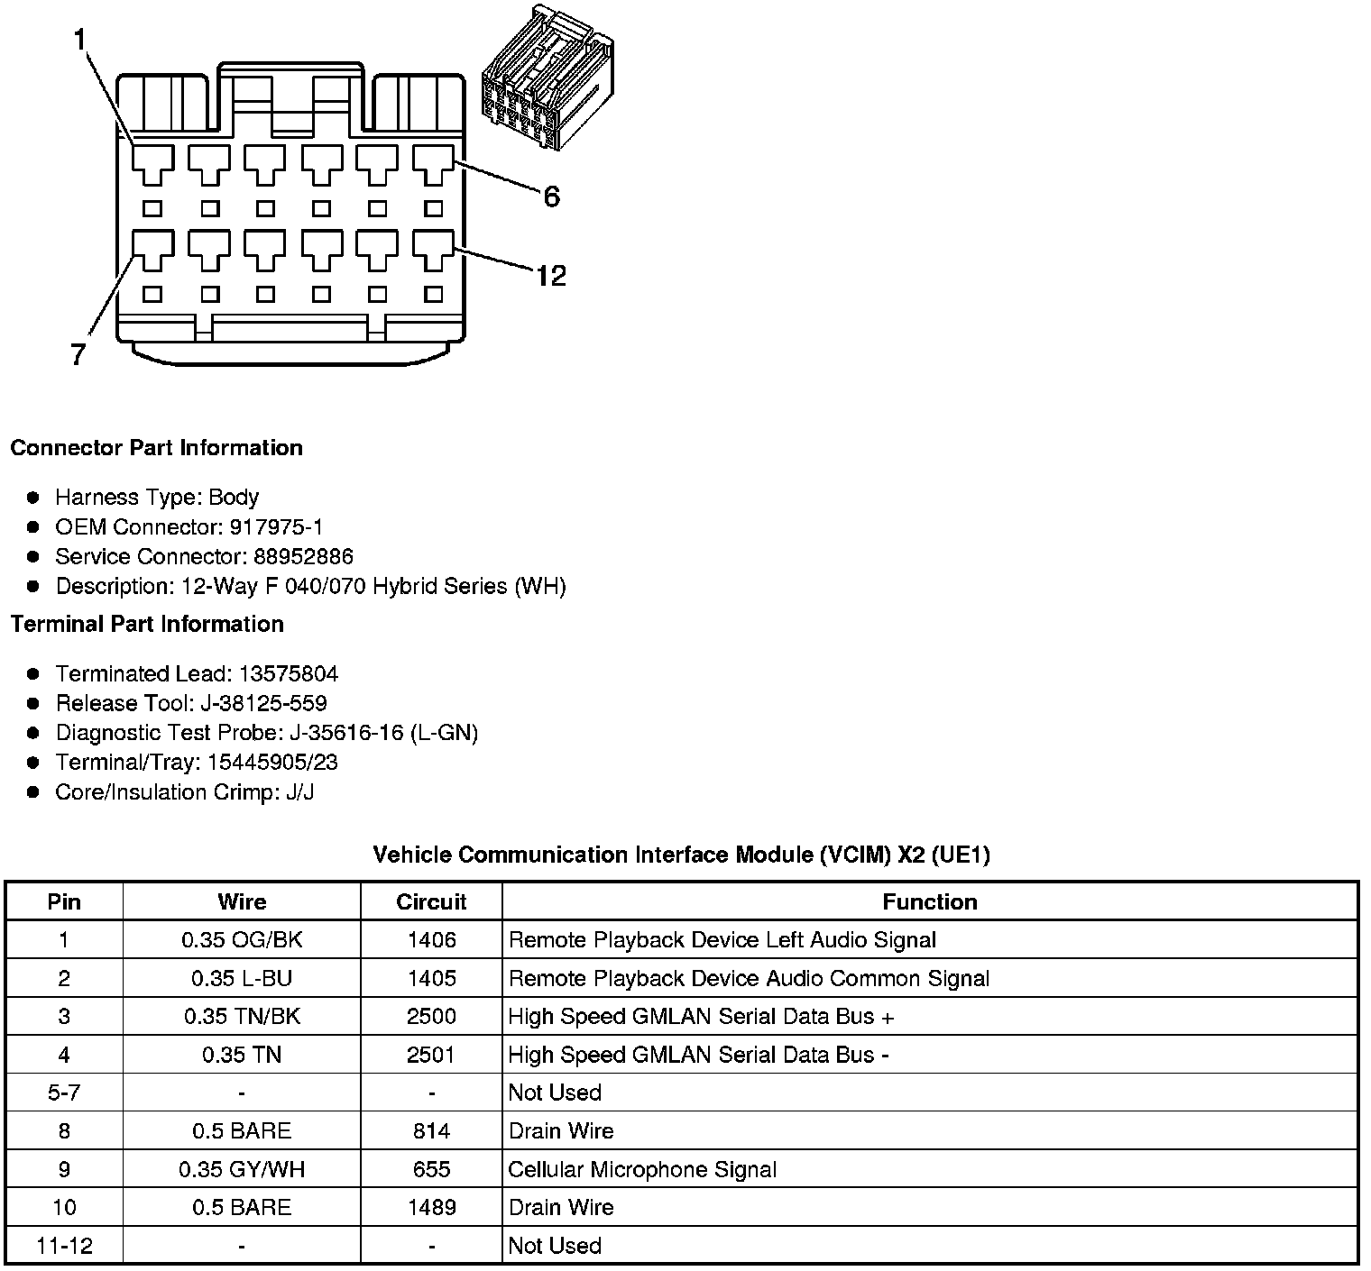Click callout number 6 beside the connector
(551, 197)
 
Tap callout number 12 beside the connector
(550, 275)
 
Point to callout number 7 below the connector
(78, 355)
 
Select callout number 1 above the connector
(80, 40)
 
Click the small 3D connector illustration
(547, 78)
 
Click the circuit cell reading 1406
(431, 940)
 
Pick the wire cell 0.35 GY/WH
(242, 1170)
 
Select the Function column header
(929, 901)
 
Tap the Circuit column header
(431, 901)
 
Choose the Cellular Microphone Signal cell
(642, 1170)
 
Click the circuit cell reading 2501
(431, 1055)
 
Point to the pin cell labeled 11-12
(64, 1246)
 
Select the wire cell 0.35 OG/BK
(242, 940)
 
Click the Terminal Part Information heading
(147, 624)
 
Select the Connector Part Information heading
(156, 448)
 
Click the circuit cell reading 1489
(431, 1208)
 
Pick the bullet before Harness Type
(33, 498)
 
